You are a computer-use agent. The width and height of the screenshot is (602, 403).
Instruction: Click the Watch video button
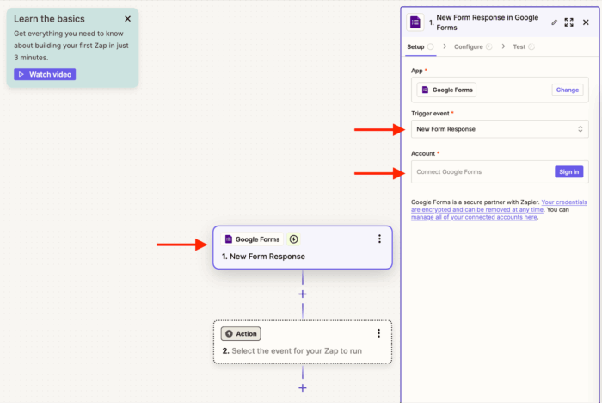[45, 74]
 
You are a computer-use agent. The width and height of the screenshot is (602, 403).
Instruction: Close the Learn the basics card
[127, 18]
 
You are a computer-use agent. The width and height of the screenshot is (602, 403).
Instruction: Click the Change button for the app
[567, 90]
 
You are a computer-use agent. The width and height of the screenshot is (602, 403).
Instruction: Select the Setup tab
[415, 46]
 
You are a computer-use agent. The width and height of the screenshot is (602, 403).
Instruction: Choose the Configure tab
[469, 46]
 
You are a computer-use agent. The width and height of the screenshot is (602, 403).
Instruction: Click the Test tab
[519, 46]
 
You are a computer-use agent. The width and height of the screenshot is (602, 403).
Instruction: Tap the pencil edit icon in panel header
[554, 22]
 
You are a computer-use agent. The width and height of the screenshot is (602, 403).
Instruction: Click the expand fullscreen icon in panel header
[568, 22]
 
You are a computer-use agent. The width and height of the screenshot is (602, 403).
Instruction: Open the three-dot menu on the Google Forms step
[379, 239]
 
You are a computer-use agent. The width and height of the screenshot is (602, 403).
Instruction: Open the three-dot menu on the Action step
[378, 333]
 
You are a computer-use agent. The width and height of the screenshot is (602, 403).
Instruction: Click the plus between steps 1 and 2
[303, 294]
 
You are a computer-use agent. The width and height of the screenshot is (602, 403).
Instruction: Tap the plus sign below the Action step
[303, 387]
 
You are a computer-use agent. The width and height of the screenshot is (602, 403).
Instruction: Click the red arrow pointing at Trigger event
[379, 129]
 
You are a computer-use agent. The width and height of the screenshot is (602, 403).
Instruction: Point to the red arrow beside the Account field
[379, 172]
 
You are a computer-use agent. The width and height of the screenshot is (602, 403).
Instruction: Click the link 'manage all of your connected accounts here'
[474, 217]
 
